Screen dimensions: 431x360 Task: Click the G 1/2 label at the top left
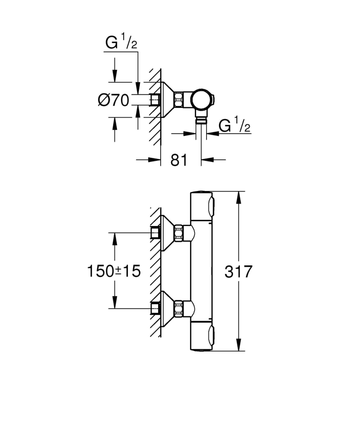[x=121, y=43]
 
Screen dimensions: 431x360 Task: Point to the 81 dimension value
[x=179, y=160]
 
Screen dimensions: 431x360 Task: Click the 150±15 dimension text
[x=114, y=272]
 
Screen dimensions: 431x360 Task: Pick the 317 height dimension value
[x=238, y=272]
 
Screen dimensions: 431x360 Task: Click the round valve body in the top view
[x=201, y=100]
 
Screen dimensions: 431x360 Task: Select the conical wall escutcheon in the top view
[x=166, y=100]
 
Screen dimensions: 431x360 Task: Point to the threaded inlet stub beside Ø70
[x=154, y=100]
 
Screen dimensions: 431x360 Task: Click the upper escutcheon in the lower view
[x=166, y=233]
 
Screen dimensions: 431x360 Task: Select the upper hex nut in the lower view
[x=179, y=233]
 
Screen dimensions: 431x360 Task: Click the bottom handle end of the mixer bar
[x=203, y=338]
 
